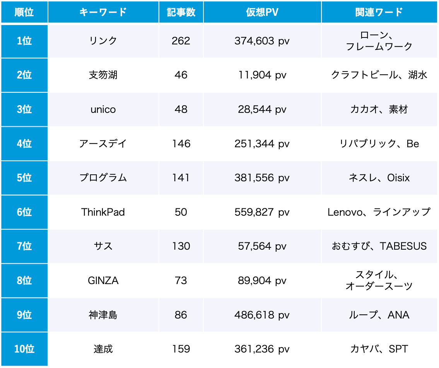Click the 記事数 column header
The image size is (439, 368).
[x=181, y=12]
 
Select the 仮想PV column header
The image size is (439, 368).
[x=262, y=12]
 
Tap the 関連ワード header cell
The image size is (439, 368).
[x=379, y=12]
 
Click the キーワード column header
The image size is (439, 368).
[x=103, y=12]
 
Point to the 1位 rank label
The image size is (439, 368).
[x=24, y=41]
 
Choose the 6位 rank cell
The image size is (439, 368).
[x=24, y=212]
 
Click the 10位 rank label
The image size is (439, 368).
[x=24, y=349]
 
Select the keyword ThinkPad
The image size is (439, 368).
[x=103, y=212]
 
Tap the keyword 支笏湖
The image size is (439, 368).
[x=103, y=75]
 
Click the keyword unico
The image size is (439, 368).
[x=103, y=109]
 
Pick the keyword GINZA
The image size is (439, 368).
[x=103, y=281]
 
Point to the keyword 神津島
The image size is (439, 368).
[x=103, y=315]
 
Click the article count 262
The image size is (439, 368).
[x=181, y=41]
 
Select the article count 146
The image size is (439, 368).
[x=181, y=144]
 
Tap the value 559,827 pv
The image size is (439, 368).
[x=262, y=212]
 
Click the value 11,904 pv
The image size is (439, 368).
[x=262, y=75]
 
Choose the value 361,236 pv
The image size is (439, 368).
[x=262, y=349]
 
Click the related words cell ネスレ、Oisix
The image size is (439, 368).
[x=379, y=178]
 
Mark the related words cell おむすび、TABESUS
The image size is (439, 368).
[x=379, y=246]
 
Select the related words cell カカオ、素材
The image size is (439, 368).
[x=379, y=109]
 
